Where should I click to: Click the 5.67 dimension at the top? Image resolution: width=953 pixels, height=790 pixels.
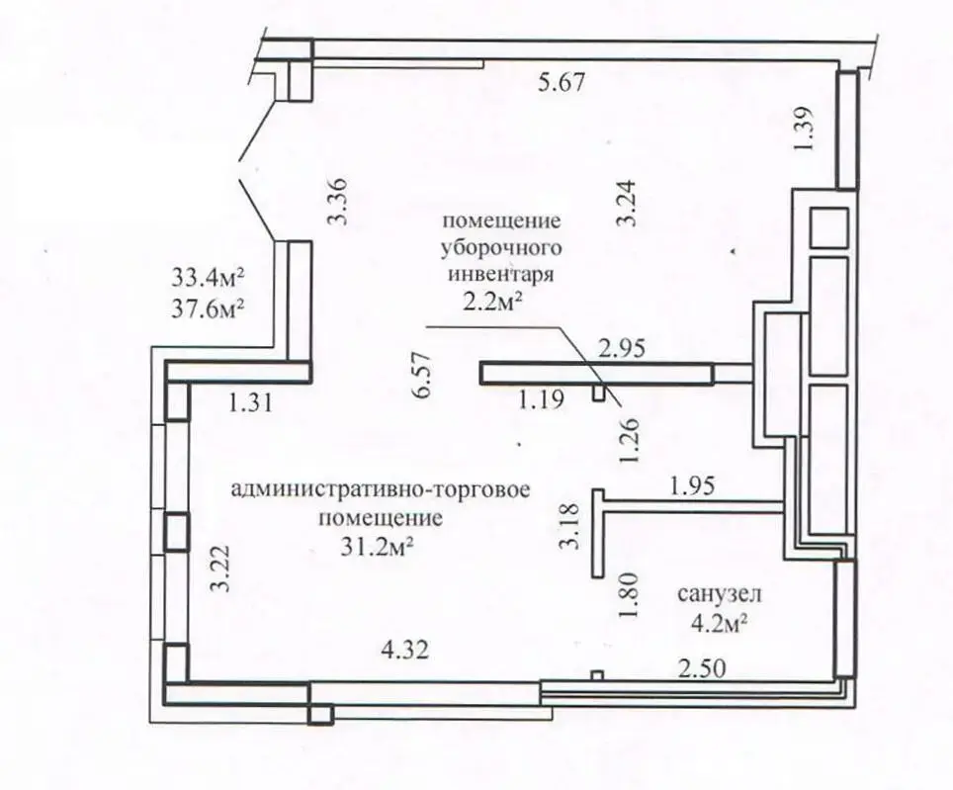click(562, 83)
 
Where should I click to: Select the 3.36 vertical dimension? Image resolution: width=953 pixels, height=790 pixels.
click(339, 201)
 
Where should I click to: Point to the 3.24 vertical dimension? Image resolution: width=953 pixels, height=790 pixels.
click(626, 206)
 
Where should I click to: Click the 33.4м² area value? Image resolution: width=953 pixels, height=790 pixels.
click(209, 276)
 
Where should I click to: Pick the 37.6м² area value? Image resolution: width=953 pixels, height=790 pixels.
click(209, 307)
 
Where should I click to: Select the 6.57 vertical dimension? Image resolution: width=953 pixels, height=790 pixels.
click(424, 375)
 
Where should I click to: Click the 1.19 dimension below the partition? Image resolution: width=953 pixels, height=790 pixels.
click(540, 401)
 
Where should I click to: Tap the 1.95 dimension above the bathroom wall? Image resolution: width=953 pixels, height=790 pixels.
click(690, 485)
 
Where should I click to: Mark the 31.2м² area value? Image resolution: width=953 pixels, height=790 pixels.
click(376, 545)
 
